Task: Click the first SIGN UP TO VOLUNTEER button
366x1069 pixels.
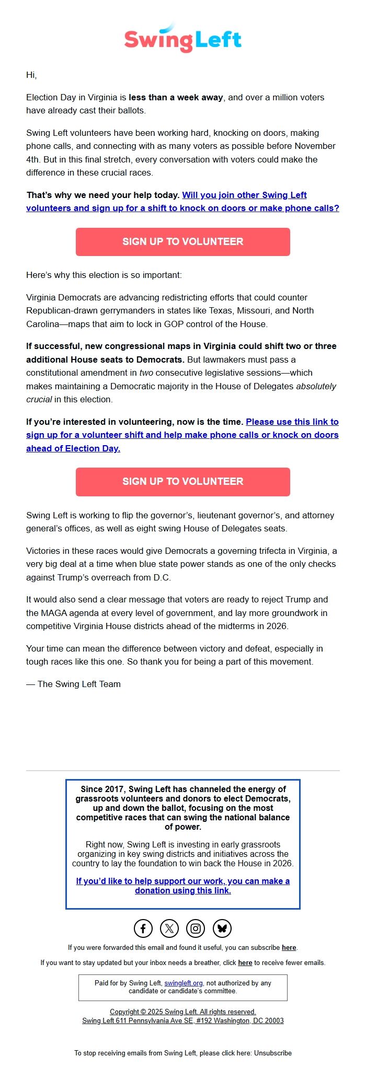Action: (x=182, y=241)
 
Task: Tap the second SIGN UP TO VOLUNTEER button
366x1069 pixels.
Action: (x=182, y=481)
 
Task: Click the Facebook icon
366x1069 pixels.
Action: (x=143, y=928)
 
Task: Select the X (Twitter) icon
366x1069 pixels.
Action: (x=169, y=928)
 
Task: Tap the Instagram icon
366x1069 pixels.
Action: (x=196, y=928)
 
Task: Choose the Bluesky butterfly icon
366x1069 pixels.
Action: (x=222, y=928)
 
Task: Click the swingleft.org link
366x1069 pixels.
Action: (x=183, y=983)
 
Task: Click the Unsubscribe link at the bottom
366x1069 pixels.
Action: (x=272, y=1053)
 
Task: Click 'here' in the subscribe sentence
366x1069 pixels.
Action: (x=289, y=947)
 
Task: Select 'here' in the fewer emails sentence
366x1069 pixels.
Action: (x=245, y=962)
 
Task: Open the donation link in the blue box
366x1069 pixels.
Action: (x=182, y=886)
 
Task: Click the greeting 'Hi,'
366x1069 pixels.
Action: (x=31, y=75)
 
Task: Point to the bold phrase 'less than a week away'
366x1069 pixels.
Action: (x=176, y=97)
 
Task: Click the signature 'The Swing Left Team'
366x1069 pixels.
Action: (x=78, y=684)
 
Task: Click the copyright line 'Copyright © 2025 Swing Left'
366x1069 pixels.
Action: (x=182, y=1012)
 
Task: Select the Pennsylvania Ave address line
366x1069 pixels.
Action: (x=182, y=1020)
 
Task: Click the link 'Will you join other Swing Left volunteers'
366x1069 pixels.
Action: (x=244, y=195)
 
